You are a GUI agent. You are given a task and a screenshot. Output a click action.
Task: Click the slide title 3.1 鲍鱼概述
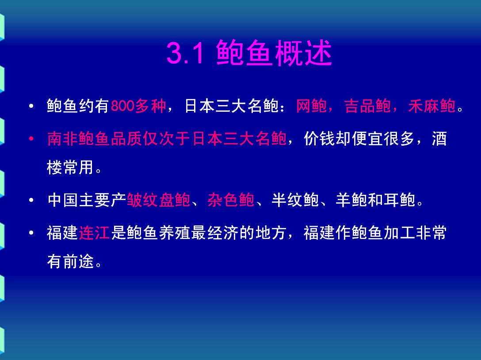point(249,53)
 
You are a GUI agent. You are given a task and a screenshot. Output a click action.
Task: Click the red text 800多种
point(138,106)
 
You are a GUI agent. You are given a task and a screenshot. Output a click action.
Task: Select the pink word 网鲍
point(311,106)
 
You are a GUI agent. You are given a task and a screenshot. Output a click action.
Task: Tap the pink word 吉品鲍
point(367,106)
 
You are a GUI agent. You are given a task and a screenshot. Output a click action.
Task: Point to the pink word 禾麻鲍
point(431,106)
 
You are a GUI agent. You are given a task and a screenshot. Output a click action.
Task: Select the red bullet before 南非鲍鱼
point(31,139)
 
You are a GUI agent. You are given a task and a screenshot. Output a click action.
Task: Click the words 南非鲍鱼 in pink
point(79,139)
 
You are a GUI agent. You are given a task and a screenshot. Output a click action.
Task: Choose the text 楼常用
point(70,167)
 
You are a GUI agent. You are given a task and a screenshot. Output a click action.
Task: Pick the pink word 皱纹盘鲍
point(159,200)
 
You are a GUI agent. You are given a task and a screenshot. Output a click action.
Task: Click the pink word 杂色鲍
point(231,200)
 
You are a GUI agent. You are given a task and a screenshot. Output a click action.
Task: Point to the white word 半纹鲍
point(295,200)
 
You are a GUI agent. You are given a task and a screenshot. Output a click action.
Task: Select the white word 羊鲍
point(351,200)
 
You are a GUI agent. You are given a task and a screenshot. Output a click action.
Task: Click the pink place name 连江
point(94,232)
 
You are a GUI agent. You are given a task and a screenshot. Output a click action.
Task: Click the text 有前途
point(70,261)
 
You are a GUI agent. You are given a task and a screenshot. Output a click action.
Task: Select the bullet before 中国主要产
point(31,200)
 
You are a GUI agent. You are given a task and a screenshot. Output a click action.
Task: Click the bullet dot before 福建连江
point(31,233)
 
